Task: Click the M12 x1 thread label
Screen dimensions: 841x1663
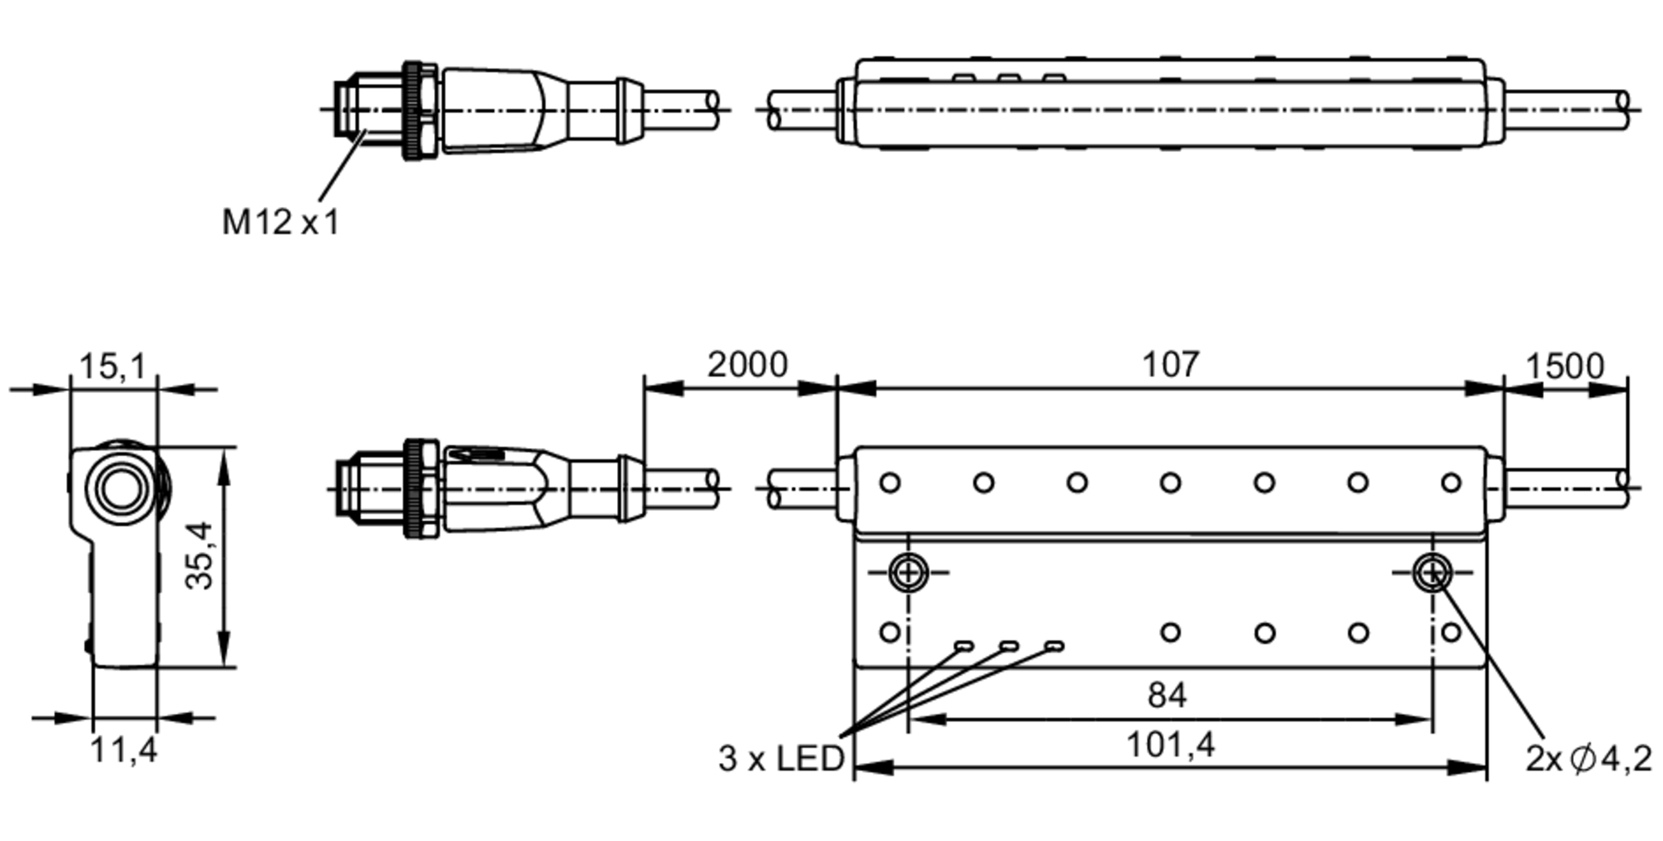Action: click(x=280, y=223)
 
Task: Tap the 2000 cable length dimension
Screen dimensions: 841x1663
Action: click(x=747, y=365)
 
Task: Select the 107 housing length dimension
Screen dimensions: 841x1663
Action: click(x=1170, y=365)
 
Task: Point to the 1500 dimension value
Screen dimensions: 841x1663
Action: click(x=1564, y=366)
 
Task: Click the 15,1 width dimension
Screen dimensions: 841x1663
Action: click(x=112, y=366)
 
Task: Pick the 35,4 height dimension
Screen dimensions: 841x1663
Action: click(x=200, y=555)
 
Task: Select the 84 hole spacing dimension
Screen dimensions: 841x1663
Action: click(x=1167, y=696)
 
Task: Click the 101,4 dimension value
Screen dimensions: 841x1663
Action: click(x=1170, y=745)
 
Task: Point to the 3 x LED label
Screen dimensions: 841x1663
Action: click(x=781, y=759)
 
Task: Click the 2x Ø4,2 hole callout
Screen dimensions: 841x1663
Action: click(x=1587, y=759)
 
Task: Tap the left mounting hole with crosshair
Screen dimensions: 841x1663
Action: click(x=908, y=572)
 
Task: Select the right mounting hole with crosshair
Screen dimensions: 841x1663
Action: click(x=1432, y=572)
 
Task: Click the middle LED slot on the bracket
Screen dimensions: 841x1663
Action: click(x=1009, y=646)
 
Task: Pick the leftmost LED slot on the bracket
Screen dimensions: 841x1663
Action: click(x=964, y=646)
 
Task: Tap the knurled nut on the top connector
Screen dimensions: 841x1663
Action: click(x=420, y=110)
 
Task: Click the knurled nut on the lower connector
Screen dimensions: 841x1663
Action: click(x=420, y=489)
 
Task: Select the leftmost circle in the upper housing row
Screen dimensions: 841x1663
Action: click(x=890, y=482)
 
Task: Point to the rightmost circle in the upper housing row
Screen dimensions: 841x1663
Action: click(x=1451, y=482)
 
